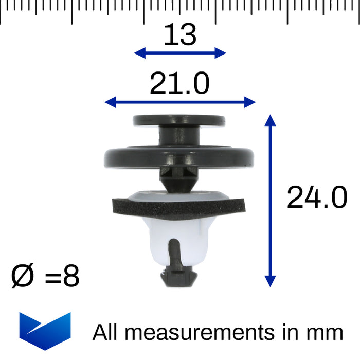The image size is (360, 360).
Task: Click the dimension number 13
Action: [180, 34]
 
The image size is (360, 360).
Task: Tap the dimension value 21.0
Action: [179, 83]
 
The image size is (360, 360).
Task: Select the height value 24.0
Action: [317, 197]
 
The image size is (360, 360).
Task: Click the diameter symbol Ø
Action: [23, 275]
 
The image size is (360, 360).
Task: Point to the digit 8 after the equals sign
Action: [71, 276]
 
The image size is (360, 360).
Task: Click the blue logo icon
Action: [45, 331]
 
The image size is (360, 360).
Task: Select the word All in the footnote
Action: [105, 332]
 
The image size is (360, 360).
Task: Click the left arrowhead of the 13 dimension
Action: [140, 53]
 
